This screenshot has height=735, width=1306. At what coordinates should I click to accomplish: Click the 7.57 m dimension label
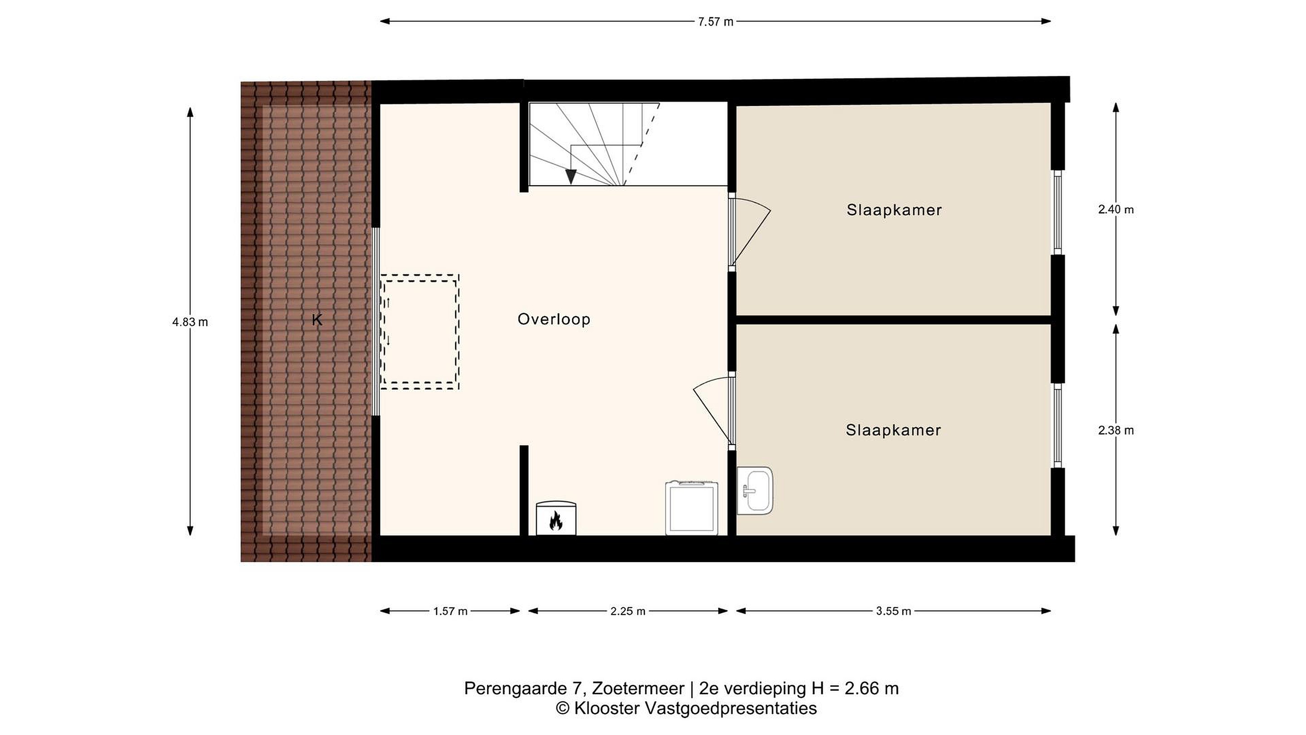coord(716,22)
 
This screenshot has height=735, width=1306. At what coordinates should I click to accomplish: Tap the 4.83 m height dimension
coord(190,322)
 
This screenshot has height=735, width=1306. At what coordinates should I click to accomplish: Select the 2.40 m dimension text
coord(1116,210)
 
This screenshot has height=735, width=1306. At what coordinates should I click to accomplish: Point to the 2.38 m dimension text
coord(1116,430)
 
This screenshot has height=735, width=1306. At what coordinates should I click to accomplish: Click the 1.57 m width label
coord(450,611)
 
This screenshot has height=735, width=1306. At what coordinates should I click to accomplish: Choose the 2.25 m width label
coord(628,611)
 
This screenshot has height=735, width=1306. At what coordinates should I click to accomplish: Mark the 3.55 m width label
coord(893,611)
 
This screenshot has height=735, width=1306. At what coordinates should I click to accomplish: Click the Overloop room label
coord(554,319)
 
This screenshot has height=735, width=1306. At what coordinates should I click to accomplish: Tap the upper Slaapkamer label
coord(894,210)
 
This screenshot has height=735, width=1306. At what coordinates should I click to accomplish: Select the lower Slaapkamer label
coord(893,430)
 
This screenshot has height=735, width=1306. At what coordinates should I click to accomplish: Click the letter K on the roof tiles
coord(317,319)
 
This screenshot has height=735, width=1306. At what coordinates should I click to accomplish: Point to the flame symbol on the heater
coord(556,520)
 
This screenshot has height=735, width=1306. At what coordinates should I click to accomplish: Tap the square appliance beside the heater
coord(692,507)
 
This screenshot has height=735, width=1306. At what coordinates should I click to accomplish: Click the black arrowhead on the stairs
coord(571,176)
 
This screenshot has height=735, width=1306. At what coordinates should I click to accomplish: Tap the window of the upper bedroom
coord(1057,212)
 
